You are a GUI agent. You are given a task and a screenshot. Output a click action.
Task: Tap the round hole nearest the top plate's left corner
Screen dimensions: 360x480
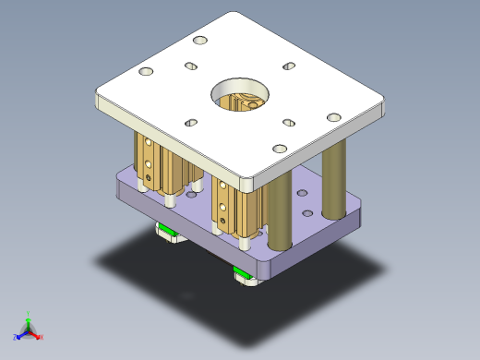point(145,71)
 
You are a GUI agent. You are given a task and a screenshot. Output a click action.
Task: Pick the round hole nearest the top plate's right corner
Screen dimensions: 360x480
point(334,118)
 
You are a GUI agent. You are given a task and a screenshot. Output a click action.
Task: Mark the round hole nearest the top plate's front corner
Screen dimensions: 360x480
point(280,150)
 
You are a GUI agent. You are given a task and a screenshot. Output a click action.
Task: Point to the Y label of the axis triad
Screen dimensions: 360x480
point(29,316)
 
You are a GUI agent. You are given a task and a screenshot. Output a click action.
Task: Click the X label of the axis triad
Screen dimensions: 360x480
point(42,337)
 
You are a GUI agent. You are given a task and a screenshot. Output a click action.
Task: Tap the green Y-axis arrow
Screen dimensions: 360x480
point(29,324)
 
